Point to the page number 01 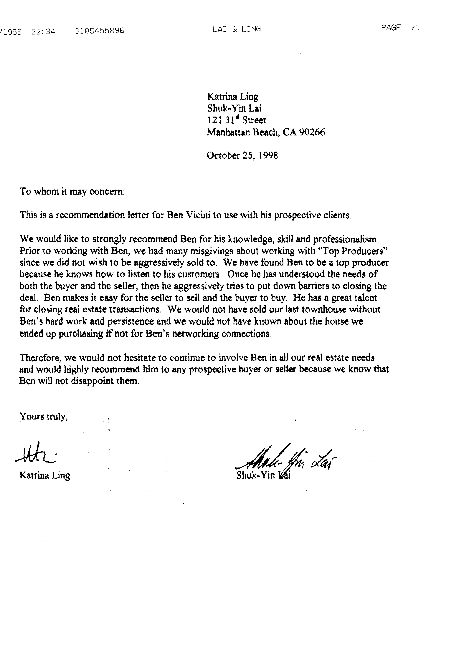pyautogui.click(x=415, y=28)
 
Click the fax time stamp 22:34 pyautogui.click(x=43, y=31)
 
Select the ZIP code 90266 pyautogui.click(x=312, y=132)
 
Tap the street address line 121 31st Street pyautogui.click(x=236, y=120)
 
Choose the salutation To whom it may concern pyautogui.click(x=72, y=191)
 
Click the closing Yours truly pyautogui.click(x=44, y=417)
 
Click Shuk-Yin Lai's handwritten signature pyautogui.click(x=285, y=460)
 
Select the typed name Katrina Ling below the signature pyautogui.click(x=45, y=475)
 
